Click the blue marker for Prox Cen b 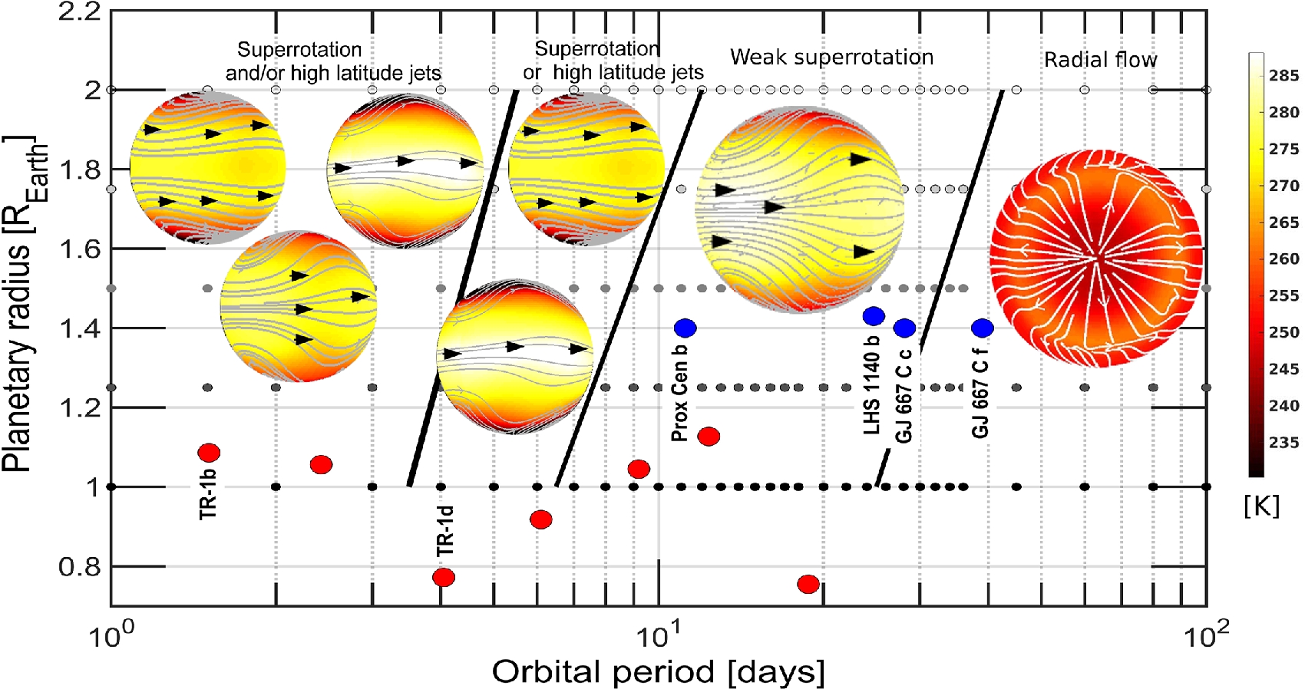tap(685, 328)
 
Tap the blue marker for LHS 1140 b tap(874, 316)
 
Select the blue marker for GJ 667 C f tap(982, 328)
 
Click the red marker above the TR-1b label tap(209, 453)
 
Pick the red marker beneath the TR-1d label tap(444, 577)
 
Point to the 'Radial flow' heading tap(1100, 60)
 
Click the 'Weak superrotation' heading tap(831, 57)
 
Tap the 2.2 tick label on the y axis tap(79, 12)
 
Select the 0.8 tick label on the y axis tap(79, 567)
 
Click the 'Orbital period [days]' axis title tap(658, 671)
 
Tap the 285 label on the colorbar tap(1284, 75)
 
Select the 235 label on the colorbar tap(1284, 442)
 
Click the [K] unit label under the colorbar tap(1261, 505)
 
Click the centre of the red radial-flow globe tap(1096, 258)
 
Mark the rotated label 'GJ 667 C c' tap(904, 396)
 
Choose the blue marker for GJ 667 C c tap(904, 328)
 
